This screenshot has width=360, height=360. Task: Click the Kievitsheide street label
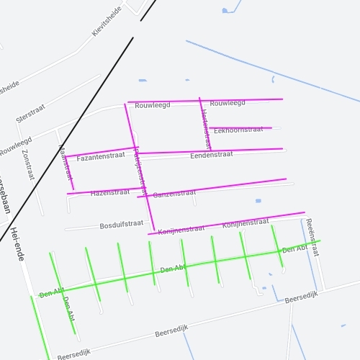[x=107, y=22]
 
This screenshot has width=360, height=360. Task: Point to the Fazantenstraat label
[x=101, y=157]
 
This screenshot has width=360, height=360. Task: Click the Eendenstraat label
[x=212, y=155]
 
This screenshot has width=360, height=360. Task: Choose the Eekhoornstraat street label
[x=239, y=130]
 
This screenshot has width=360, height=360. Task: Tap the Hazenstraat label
[x=110, y=193]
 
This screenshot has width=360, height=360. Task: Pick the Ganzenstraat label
[x=174, y=193]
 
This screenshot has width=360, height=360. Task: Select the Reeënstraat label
[x=311, y=237]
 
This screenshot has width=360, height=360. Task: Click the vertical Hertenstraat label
[x=204, y=123]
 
